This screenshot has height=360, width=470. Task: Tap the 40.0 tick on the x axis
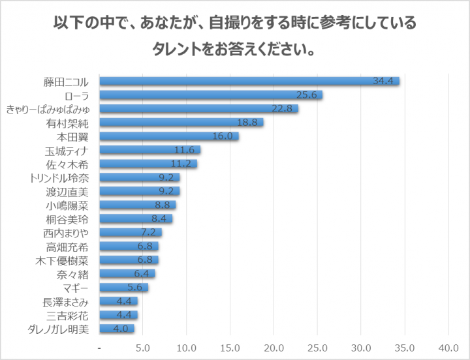(x=448, y=346)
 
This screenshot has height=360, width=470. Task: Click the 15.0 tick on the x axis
(x=230, y=346)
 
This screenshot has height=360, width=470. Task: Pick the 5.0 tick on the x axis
(x=143, y=346)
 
